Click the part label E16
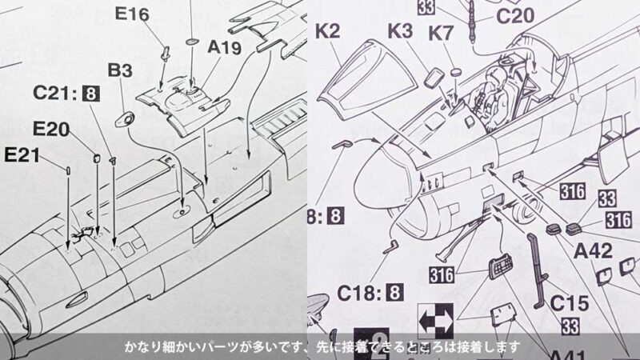point(132,14)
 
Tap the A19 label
point(224,48)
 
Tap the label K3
point(403,32)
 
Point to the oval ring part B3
point(126,118)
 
